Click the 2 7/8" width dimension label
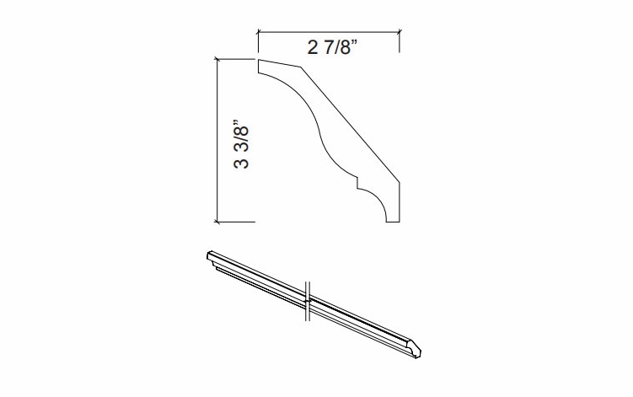pyautogui.click(x=332, y=47)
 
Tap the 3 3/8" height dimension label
pyautogui.click(x=241, y=144)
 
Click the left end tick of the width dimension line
pyautogui.click(x=259, y=31)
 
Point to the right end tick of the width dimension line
pyautogui.click(x=400, y=31)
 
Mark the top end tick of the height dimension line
pyautogui.click(x=218, y=60)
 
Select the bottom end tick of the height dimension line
pyautogui.click(x=218, y=222)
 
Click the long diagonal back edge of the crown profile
pyautogui.click(x=350, y=125)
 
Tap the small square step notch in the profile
pyautogui.click(x=357, y=183)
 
